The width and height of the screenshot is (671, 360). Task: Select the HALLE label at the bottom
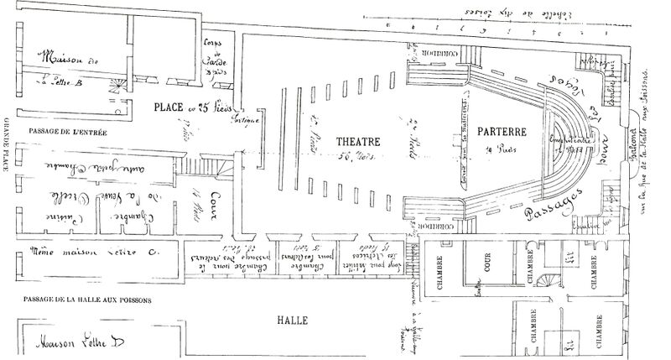[295, 321]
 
